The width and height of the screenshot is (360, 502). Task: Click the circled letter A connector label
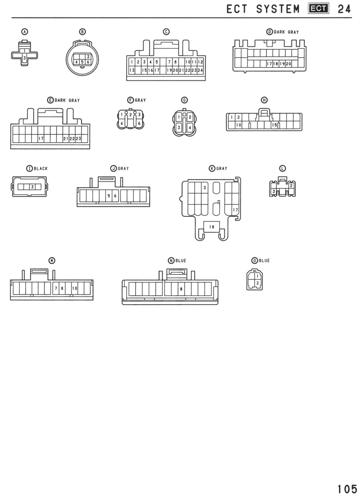[x=25, y=32]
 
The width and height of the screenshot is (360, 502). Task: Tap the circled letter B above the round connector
[x=82, y=32]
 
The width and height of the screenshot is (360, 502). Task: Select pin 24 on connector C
[x=200, y=70]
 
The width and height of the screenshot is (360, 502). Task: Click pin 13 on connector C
[x=132, y=70]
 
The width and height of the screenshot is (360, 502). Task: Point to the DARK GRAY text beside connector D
[x=286, y=32]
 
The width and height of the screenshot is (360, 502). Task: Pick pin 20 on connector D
[x=288, y=64]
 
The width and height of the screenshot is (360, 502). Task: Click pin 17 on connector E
[x=41, y=139]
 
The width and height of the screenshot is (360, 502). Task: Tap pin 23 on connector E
[x=78, y=139]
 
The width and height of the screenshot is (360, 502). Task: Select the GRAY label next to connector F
[x=140, y=100]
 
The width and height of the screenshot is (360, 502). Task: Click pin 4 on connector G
[x=189, y=128]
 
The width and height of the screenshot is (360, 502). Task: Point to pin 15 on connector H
[x=274, y=125]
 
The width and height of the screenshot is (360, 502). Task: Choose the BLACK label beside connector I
[x=41, y=169]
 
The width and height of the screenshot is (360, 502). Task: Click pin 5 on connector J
[x=109, y=196]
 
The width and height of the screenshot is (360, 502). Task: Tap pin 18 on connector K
[x=212, y=227]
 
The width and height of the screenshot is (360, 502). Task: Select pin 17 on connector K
[x=235, y=210]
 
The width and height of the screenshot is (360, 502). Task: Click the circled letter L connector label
[x=283, y=169]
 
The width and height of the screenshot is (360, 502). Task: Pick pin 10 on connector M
[x=75, y=288]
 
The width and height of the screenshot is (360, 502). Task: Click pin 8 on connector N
[x=181, y=289]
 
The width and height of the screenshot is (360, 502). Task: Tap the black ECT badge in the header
[x=318, y=9]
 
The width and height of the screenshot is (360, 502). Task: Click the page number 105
[x=347, y=489]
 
